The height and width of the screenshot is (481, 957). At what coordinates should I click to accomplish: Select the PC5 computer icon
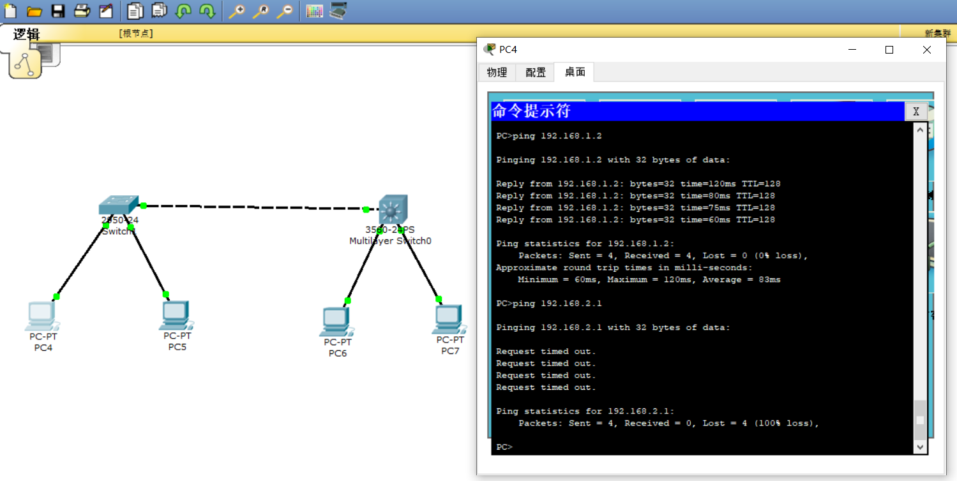point(176,315)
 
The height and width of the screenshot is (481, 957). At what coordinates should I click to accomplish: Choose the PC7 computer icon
point(448,320)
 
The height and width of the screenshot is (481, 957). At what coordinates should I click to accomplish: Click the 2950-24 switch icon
point(118,205)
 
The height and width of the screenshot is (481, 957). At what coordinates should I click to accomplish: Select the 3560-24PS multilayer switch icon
point(392,209)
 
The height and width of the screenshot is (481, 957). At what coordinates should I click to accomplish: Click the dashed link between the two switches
point(255,207)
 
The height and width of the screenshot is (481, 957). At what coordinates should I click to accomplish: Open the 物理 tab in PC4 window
point(497,73)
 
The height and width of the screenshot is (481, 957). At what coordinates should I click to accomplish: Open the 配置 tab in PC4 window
point(536,73)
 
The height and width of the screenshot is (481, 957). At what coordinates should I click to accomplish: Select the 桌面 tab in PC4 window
point(575,72)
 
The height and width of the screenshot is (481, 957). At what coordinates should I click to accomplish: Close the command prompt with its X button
point(916,112)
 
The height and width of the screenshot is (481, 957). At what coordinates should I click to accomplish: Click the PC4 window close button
point(927,50)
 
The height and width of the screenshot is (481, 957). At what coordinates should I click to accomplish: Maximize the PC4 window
point(889,50)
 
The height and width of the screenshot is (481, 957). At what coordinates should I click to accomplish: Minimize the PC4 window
point(851,50)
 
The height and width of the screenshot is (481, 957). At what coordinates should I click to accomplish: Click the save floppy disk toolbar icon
point(58,11)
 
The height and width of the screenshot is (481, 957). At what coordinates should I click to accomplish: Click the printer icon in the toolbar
point(82,11)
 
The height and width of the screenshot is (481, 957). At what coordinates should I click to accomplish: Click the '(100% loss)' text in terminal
point(786,424)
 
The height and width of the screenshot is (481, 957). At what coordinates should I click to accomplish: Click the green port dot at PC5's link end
point(166,294)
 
